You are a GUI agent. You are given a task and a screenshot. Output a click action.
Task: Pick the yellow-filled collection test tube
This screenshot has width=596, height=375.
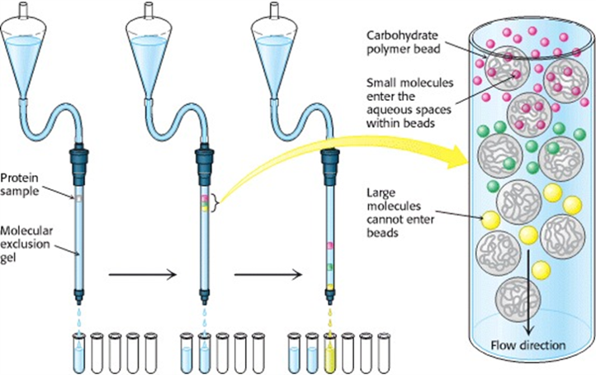331,351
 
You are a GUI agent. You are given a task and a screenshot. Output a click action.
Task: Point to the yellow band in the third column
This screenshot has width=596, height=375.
329,287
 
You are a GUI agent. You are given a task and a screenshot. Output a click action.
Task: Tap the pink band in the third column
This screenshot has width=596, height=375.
329,245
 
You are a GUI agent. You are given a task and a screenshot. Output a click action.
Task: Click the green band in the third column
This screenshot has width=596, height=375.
329,266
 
